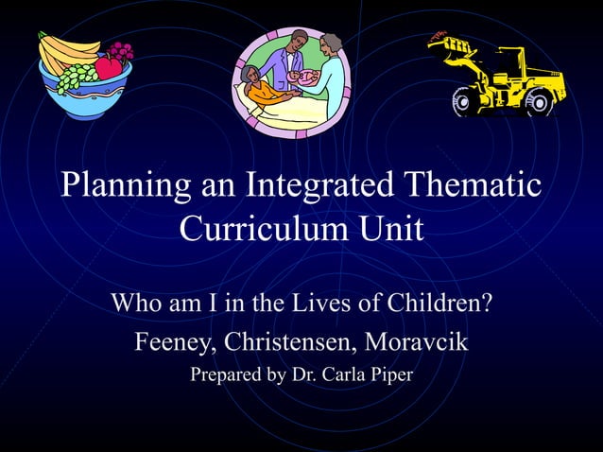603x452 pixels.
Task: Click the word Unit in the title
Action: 388,229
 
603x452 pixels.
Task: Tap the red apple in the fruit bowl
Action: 109,67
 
